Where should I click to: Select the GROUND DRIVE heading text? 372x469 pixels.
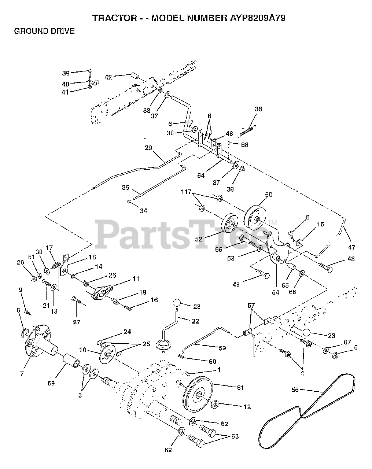click(44, 31)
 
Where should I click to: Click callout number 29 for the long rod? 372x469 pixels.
click(148, 148)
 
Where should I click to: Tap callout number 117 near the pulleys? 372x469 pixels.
click(187, 192)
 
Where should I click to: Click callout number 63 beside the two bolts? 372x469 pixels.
click(234, 437)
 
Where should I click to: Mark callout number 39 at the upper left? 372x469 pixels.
click(66, 73)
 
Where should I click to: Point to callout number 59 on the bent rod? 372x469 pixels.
click(222, 348)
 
